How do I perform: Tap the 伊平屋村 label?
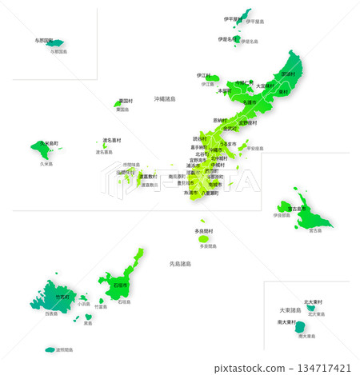(233, 18)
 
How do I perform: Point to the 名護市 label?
(250, 102)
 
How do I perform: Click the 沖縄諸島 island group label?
(170, 98)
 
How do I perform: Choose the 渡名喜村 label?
(111, 140)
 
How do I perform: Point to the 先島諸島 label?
(181, 263)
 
